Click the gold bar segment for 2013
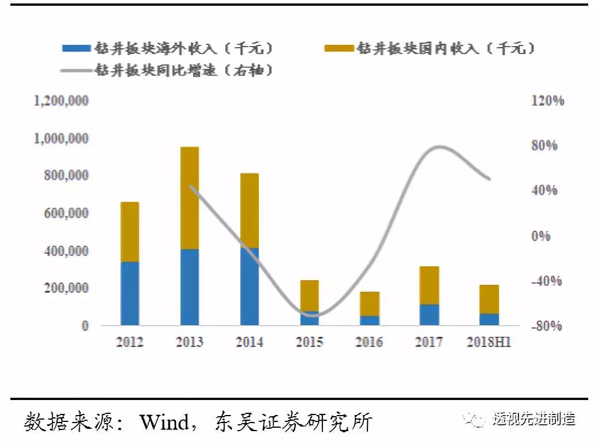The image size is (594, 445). (x=189, y=198)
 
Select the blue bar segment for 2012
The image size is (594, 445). (x=129, y=293)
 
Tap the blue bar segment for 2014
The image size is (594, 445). (x=249, y=286)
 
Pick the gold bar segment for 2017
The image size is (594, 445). (x=429, y=285)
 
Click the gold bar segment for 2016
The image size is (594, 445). (x=369, y=304)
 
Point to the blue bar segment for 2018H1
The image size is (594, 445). (x=489, y=319)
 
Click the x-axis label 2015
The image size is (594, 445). (x=310, y=342)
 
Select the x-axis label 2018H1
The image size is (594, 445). (x=489, y=342)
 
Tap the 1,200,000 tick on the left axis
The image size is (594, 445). (x=62, y=101)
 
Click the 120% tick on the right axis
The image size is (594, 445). (x=547, y=101)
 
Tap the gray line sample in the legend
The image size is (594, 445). (x=76, y=70)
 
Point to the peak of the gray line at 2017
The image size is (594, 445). (x=439, y=146)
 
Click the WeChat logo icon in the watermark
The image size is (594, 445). (x=478, y=419)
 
